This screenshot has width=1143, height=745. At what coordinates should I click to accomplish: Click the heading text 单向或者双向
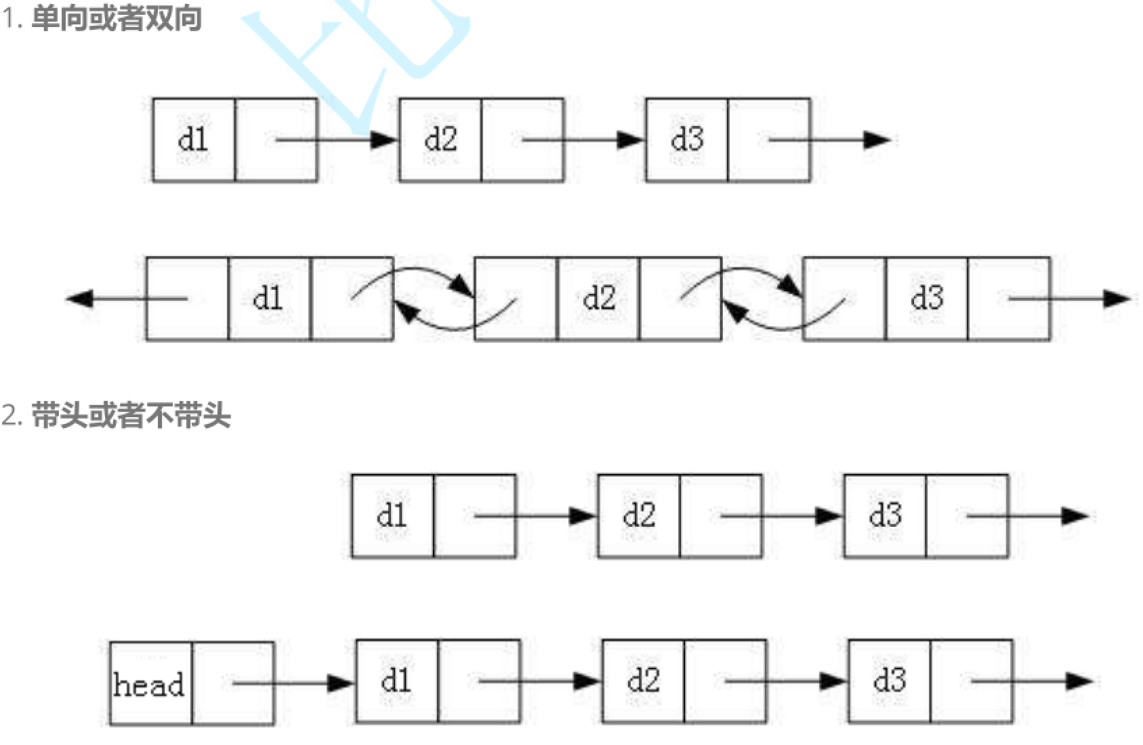(116, 18)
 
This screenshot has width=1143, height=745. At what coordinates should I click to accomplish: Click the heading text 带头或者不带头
(131, 415)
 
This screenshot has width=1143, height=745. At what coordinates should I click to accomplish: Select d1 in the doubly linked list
(268, 298)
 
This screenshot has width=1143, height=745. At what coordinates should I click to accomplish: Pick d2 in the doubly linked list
(599, 298)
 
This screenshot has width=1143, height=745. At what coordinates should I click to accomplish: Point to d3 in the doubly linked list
(927, 298)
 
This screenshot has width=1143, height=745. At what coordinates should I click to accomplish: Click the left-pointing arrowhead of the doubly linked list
(80, 298)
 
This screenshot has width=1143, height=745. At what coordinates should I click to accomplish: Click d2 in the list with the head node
(643, 681)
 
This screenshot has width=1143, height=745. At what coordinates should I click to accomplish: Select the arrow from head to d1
(291, 682)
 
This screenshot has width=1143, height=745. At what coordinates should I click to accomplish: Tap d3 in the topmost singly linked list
(687, 140)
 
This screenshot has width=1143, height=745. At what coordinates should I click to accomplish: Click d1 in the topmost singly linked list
(193, 140)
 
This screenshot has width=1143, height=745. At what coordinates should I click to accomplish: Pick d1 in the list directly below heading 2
(392, 515)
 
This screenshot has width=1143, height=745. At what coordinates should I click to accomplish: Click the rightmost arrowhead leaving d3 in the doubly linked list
(1116, 298)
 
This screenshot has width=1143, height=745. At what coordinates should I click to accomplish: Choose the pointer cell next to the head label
(233, 683)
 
